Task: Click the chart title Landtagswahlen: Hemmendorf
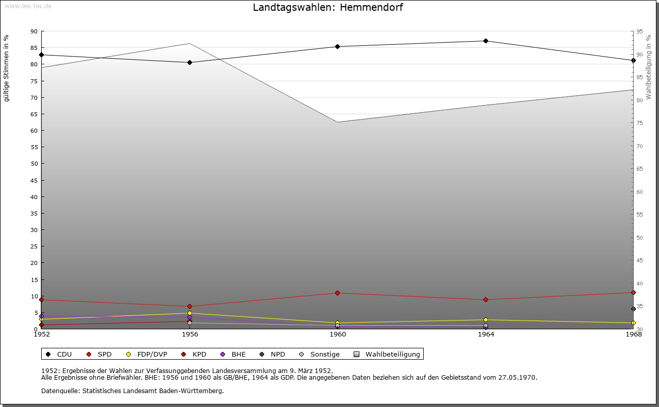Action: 328,8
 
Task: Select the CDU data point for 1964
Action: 485,41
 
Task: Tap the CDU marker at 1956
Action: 189,62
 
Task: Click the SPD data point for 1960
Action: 338,293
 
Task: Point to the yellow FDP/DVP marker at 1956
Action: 189,313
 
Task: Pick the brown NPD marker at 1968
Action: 633,309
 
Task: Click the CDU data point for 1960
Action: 338,46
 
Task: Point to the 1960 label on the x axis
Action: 338,334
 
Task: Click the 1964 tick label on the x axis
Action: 485,334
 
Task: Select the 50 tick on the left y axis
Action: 34,164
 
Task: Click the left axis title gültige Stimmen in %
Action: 6,68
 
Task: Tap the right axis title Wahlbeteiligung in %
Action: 648,67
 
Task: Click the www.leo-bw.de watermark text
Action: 27,5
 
